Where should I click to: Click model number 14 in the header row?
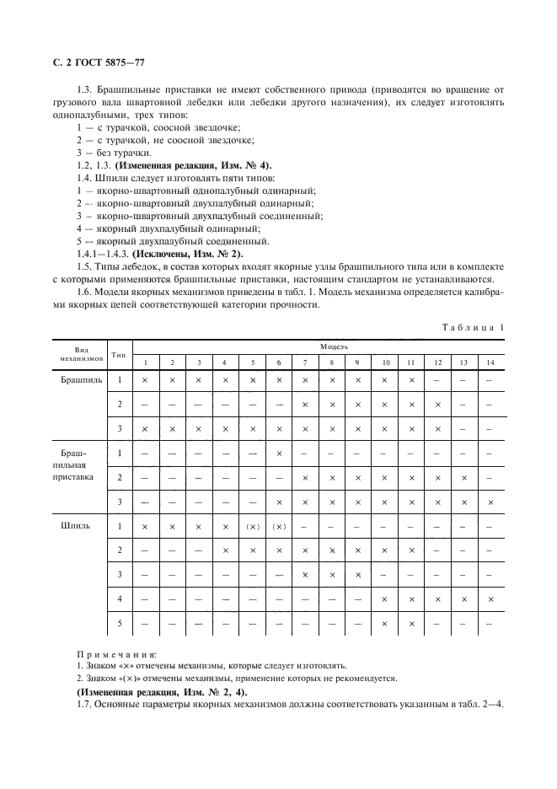coord(490,362)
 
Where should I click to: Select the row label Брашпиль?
coord(81,380)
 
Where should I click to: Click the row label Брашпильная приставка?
coord(81,465)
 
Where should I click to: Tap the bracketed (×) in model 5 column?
coord(253,527)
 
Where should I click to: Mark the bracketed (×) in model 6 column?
coord(279,527)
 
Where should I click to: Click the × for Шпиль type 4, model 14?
coord(490,599)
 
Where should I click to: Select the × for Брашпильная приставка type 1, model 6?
coord(279,454)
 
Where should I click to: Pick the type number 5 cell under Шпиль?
coord(120,624)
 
